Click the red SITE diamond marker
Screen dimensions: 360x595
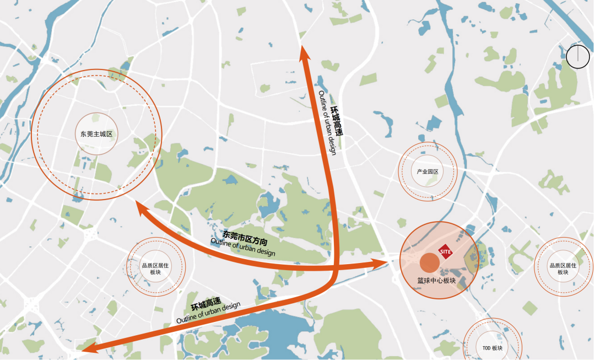pyautogui.click(x=445, y=251)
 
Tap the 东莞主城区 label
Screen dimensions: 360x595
pyautogui.click(x=96, y=134)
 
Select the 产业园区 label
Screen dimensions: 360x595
pyautogui.click(x=427, y=171)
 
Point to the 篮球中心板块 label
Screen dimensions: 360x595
pyautogui.click(x=436, y=281)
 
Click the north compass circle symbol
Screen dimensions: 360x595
pyautogui.click(x=578, y=57)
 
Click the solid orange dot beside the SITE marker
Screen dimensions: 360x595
pyautogui.click(x=429, y=262)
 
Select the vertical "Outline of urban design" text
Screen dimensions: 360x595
pyautogui.click(x=326, y=122)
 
